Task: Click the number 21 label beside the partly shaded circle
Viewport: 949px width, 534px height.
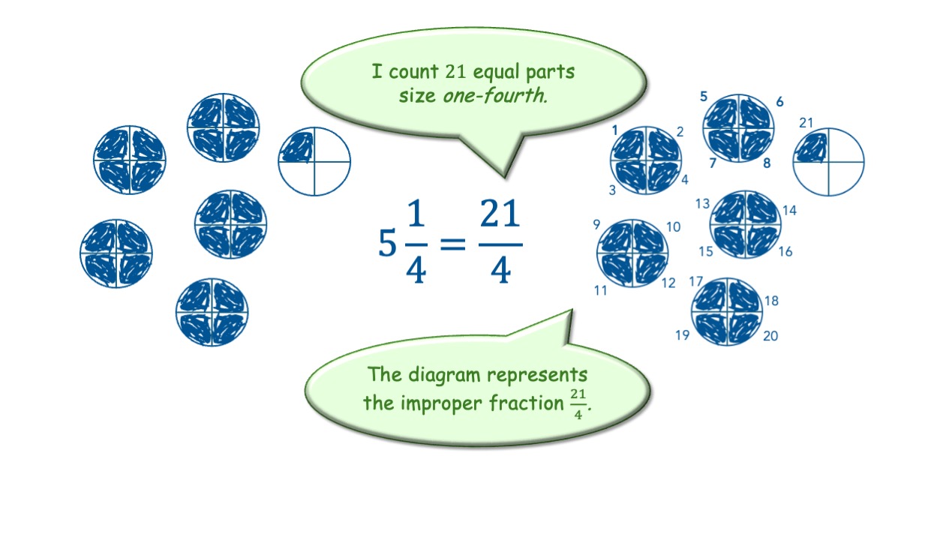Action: pyautogui.click(x=806, y=123)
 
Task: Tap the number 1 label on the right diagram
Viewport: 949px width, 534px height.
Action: pyautogui.click(x=614, y=130)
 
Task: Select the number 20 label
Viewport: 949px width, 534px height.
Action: pyautogui.click(x=770, y=336)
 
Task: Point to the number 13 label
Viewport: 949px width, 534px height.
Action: pyautogui.click(x=702, y=203)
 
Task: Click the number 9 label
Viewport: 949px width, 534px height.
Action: pyautogui.click(x=596, y=224)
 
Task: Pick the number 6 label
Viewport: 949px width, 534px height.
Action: pyautogui.click(x=780, y=102)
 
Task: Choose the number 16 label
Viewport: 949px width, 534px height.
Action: pyautogui.click(x=785, y=252)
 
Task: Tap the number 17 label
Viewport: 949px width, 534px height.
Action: pyautogui.click(x=695, y=282)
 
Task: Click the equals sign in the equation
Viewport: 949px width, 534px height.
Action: pyautogui.click(x=452, y=244)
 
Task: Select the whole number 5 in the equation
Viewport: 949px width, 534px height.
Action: pyautogui.click(x=387, y=244)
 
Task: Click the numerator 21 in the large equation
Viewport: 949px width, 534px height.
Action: pyautogui.click(x=500, y=216)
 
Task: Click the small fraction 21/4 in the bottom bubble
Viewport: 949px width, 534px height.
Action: pyautogui.click(x=578, y=403)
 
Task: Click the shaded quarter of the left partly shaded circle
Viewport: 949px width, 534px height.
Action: pyautogui.click(x=296, y=147)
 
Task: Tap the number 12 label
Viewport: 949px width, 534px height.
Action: pyautogui.click(x=668, y=283)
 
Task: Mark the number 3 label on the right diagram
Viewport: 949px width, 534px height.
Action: pyautogui.click(x=612, y=190)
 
